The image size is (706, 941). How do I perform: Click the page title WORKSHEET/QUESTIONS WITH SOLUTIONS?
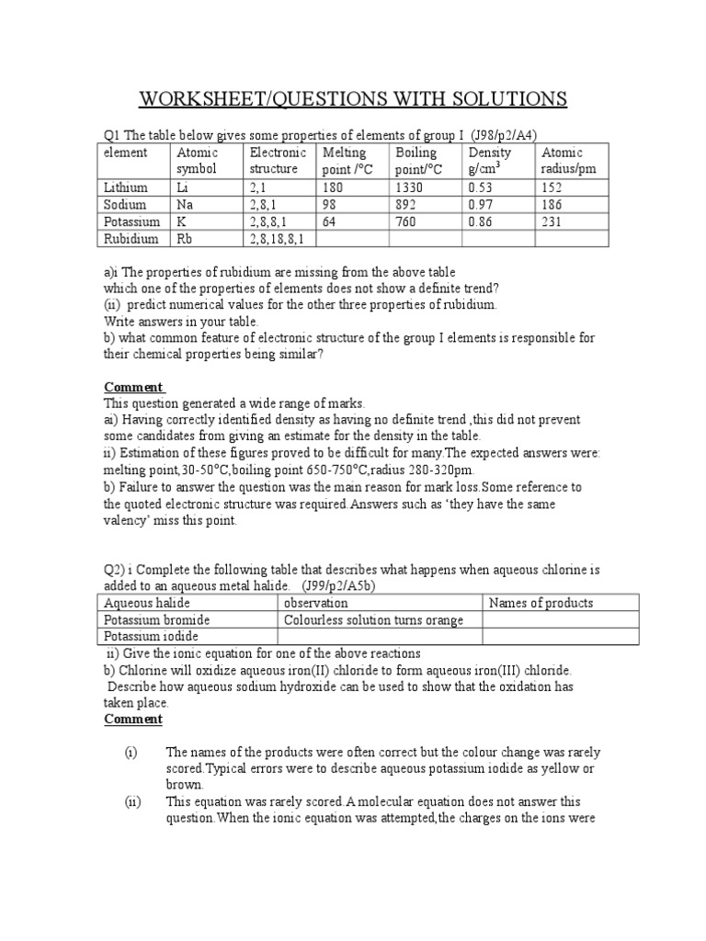coord(353,98)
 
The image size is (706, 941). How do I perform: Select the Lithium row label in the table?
coord(125,187)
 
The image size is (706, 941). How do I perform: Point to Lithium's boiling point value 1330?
coord(410,187)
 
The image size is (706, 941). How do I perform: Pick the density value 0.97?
coord(483,204)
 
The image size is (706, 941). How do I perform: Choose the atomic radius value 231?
coord(553,221)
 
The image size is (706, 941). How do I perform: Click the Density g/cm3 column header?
coord(491,161)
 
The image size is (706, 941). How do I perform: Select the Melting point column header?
coord(346,161)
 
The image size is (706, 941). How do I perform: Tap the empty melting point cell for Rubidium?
coord(351,239)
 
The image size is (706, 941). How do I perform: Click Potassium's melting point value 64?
coord(330,221)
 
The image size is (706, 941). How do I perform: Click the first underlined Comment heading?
coord(133,387)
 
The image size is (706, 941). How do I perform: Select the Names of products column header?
coord(541,603)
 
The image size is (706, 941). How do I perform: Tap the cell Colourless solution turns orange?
coord(374,619)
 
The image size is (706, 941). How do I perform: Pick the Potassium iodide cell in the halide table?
coord(152,636)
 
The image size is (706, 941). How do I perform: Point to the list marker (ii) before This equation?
coord(133,801)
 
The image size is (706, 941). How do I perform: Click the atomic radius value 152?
coord(553,187)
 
